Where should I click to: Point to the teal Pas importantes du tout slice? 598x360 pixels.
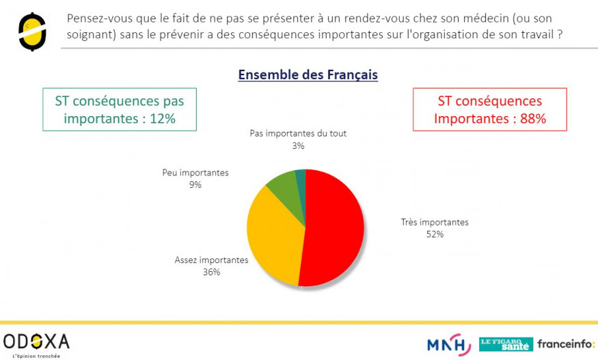point(301,178)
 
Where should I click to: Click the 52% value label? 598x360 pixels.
point(435,234)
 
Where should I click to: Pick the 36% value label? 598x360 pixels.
point(211,272)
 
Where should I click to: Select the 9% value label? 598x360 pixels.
point(195,184)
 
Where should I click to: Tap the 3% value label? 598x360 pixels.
point(298,146)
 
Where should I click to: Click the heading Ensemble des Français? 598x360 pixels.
point(308,74)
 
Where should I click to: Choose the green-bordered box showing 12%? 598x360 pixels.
point(120,109)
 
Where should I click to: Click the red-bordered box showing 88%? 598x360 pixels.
point(489,109)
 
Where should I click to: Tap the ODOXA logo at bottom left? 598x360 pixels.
point(36,341)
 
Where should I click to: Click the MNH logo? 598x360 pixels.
point(449,344)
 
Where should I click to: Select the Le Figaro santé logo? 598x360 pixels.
point(506,344)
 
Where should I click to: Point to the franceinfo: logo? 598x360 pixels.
point(566,344)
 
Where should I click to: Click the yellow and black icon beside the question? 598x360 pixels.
point(31,31)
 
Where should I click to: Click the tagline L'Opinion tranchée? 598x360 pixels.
point(36,356)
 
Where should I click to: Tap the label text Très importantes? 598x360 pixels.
point(435,223)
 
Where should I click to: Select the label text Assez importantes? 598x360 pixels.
point(211,260)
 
